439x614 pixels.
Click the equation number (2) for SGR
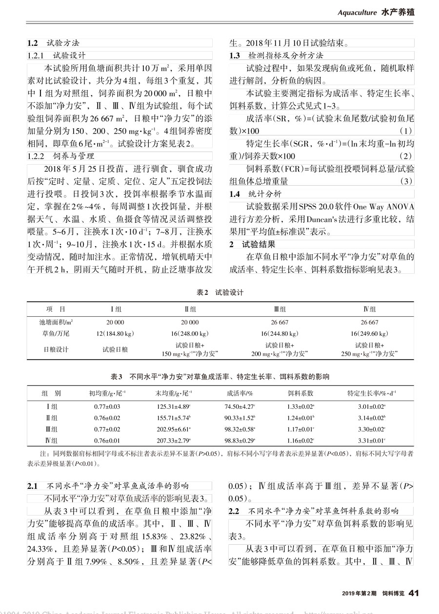[405, 156]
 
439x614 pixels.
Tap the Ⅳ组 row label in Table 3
[51, 441]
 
